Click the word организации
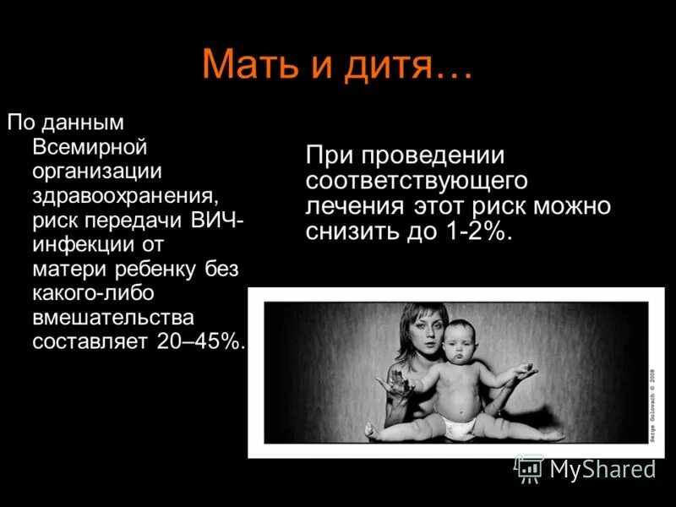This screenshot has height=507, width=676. (96, 172)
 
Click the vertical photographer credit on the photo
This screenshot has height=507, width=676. (651, 404)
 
